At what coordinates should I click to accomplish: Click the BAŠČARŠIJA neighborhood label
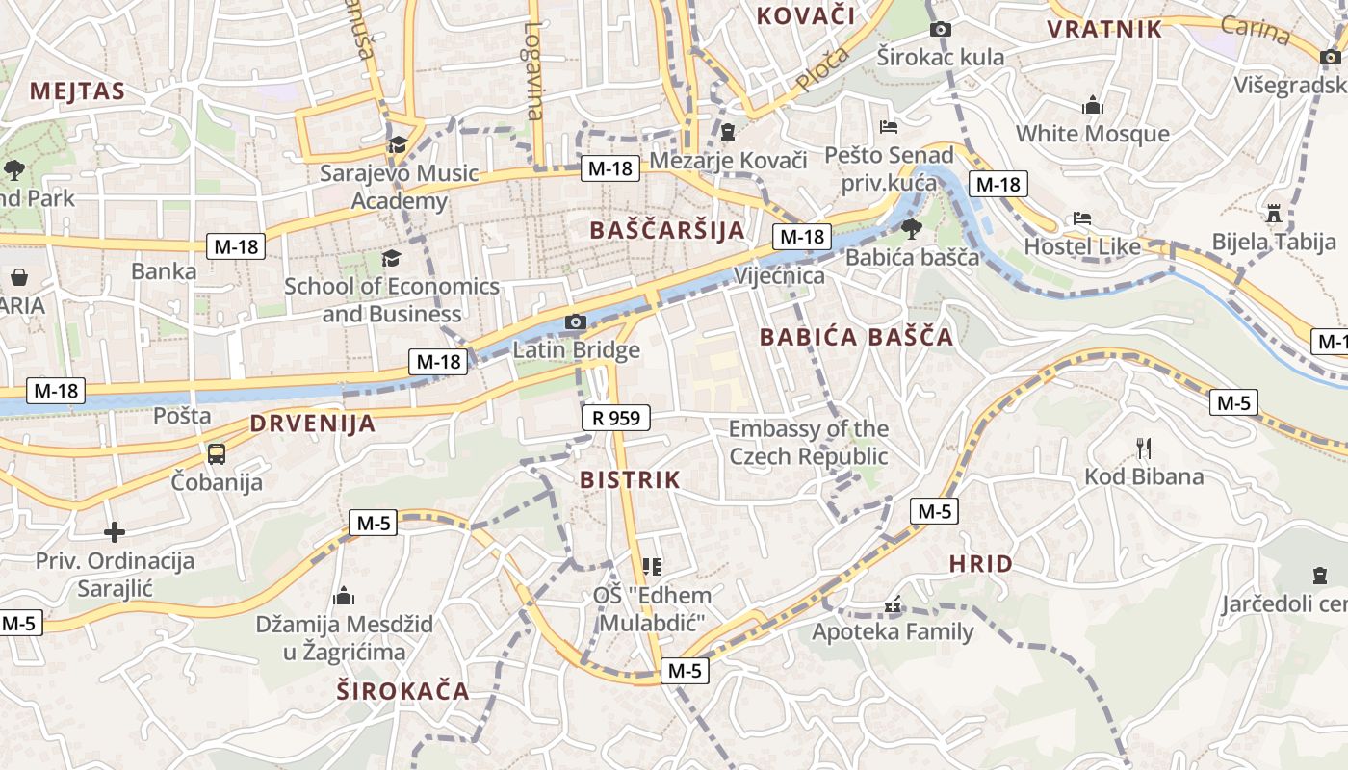(667, 230)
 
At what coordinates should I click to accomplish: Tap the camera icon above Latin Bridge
(576, 322)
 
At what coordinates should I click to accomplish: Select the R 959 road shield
(616, 418)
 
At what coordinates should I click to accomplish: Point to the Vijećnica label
(779, 276)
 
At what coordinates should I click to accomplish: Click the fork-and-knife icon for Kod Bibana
(1144, 448)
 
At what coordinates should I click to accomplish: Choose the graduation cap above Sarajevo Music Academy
(397, 145)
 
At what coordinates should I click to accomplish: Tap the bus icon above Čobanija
(217, 453)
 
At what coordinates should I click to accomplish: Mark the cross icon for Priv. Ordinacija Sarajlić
(115, 532)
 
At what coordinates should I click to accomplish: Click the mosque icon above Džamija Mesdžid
(344, 596)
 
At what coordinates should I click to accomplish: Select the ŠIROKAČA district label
(403, 690)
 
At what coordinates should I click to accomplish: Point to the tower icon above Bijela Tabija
(1274, 212)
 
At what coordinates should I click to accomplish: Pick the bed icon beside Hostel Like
(1082, 219)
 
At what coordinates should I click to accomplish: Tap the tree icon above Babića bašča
(910, 228)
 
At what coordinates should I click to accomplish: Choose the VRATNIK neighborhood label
(1104, 29)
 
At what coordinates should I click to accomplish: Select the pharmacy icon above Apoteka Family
(893, 605)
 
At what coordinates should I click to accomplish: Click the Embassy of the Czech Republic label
(808, 442)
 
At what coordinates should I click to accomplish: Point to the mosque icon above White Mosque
(1092, 105)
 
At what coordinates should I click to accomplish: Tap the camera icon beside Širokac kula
(941, 30)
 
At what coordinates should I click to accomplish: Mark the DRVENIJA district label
(312, 423)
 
